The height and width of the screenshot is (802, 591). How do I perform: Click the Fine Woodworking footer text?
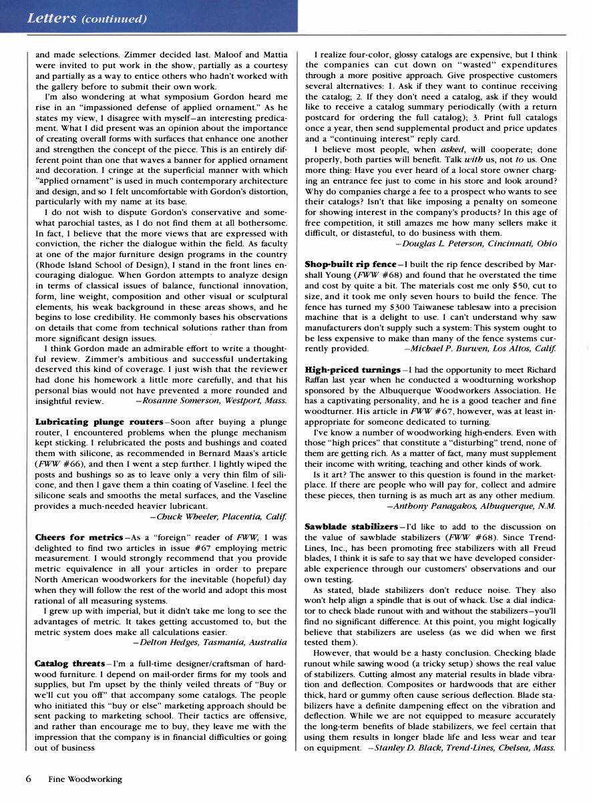pyautogui.click(x=85, y=779)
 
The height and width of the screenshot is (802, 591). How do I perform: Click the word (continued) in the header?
pyautogui.click(x=114, y=18)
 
